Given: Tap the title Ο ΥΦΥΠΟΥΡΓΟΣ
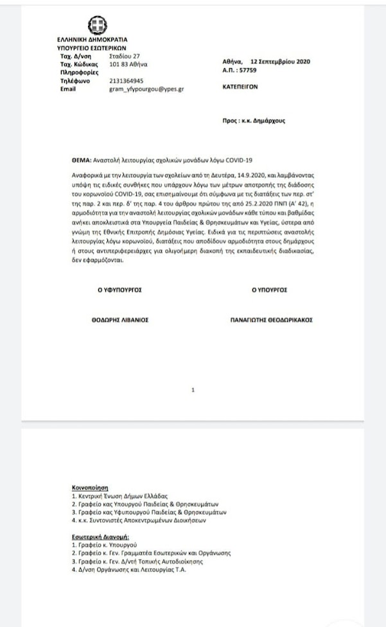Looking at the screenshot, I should point(119,290).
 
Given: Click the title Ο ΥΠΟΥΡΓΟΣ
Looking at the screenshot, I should point(269,290).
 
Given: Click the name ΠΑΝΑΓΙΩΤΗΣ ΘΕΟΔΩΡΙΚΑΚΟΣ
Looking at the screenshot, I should point(272,319).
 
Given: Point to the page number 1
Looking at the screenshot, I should point(193,390).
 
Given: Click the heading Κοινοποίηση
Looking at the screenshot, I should point(89,488).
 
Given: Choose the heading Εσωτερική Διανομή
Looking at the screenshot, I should point(97,535).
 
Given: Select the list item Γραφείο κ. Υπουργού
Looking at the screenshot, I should point(102,544).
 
